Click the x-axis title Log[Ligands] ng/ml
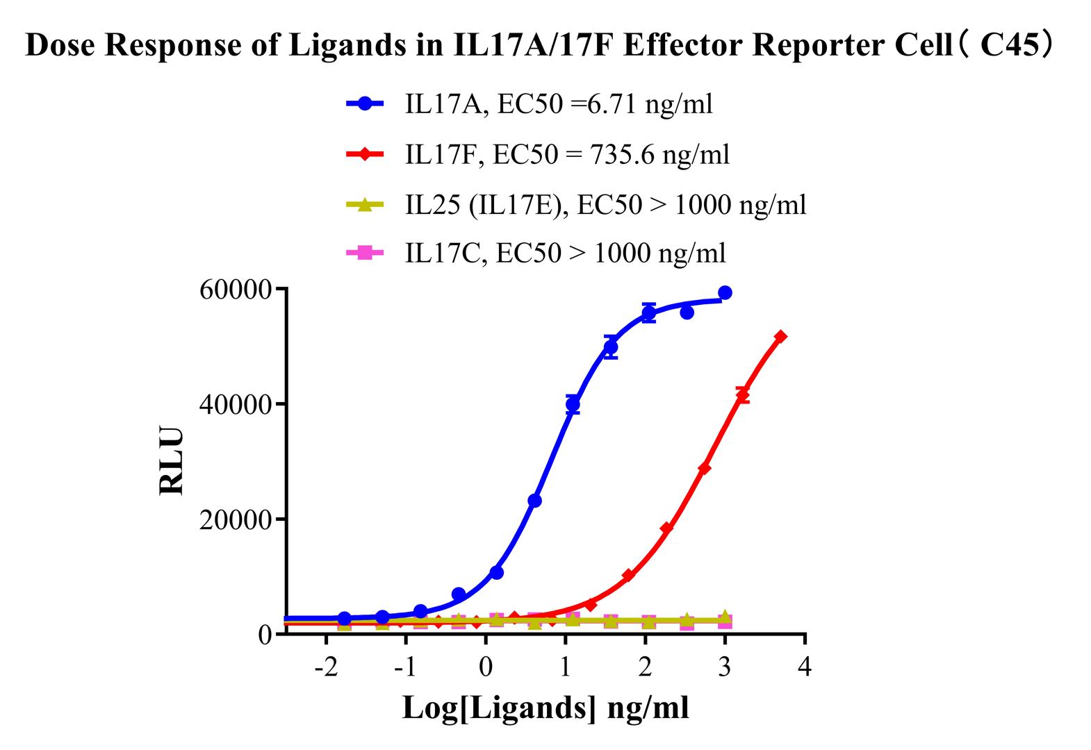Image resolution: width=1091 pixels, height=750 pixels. click(x=545, y=708)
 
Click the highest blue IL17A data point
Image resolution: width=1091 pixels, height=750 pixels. click(x=725, y=293)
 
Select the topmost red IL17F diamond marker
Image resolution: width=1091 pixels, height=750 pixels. click(x=780, y=337)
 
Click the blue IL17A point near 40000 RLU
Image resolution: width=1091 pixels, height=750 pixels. click(x=573, y=404)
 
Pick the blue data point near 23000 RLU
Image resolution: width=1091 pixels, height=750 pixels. click(x=534, y=501)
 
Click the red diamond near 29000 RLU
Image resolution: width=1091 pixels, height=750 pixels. click(x=704, y=469)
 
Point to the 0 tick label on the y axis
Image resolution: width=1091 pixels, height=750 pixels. click(x=265, y=635)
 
